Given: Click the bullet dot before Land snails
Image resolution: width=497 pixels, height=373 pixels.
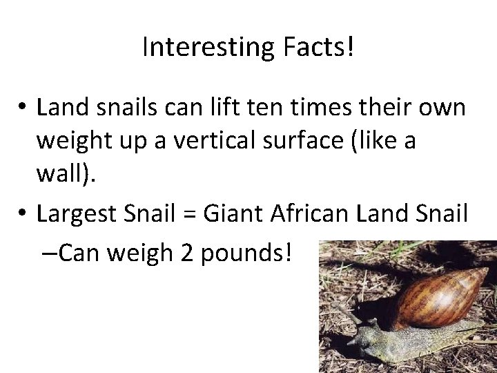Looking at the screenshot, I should [23, 108].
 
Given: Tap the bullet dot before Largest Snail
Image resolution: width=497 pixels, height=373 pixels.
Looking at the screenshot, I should [23, 214].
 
